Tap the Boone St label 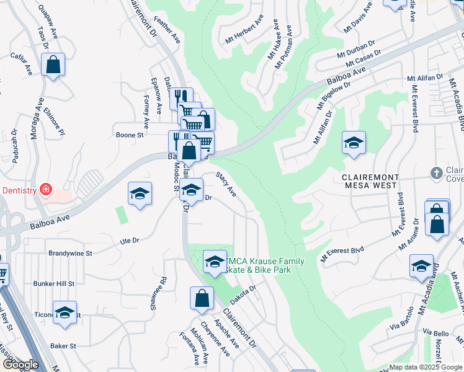(x=130, y=135)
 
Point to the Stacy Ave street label (x=226, y=185)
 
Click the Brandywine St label (x=70, y=254)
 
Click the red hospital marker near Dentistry (x=45, y=189)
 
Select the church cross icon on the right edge (x=437, y=173)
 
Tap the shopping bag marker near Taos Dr (x=53, y=64)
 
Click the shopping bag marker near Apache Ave (x=202, y=298)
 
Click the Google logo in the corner (x=20, y=365)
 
